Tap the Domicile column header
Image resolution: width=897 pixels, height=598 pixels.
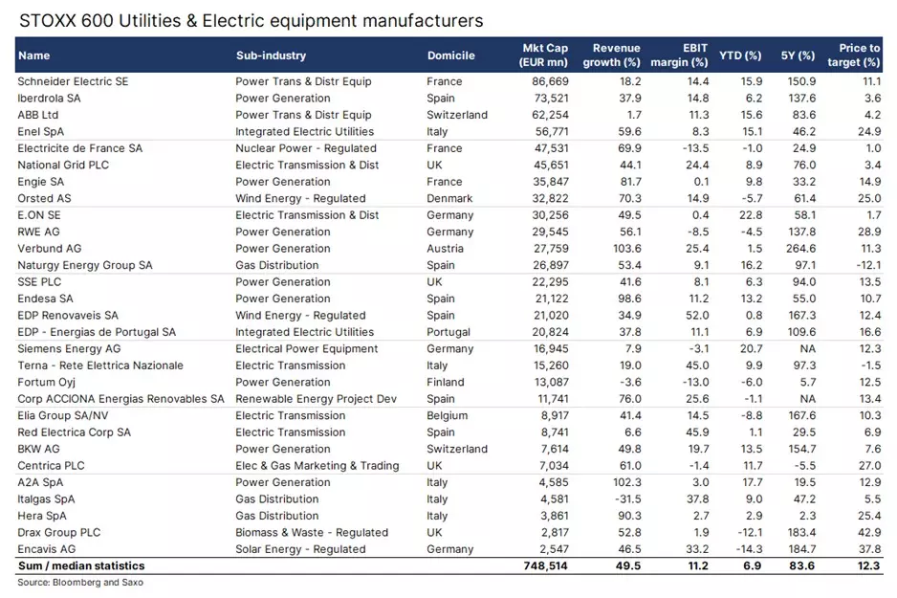(x=452, y=55)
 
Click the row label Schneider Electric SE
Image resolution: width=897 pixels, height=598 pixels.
(x=73, y=81)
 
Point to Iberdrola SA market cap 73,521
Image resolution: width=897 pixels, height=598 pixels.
(x=550, y=99)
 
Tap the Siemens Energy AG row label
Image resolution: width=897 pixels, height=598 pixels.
(x=69, y=349)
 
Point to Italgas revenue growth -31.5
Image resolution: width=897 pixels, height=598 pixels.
(x=624, y=499)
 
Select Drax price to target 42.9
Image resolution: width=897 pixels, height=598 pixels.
(x=866, y=533)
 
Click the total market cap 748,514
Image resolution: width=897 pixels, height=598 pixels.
(x=545, y=566)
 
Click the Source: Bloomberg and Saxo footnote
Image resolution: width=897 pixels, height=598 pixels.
(x=79, y=582)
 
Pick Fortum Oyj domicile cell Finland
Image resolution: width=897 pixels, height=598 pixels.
(x=445, y=383)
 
